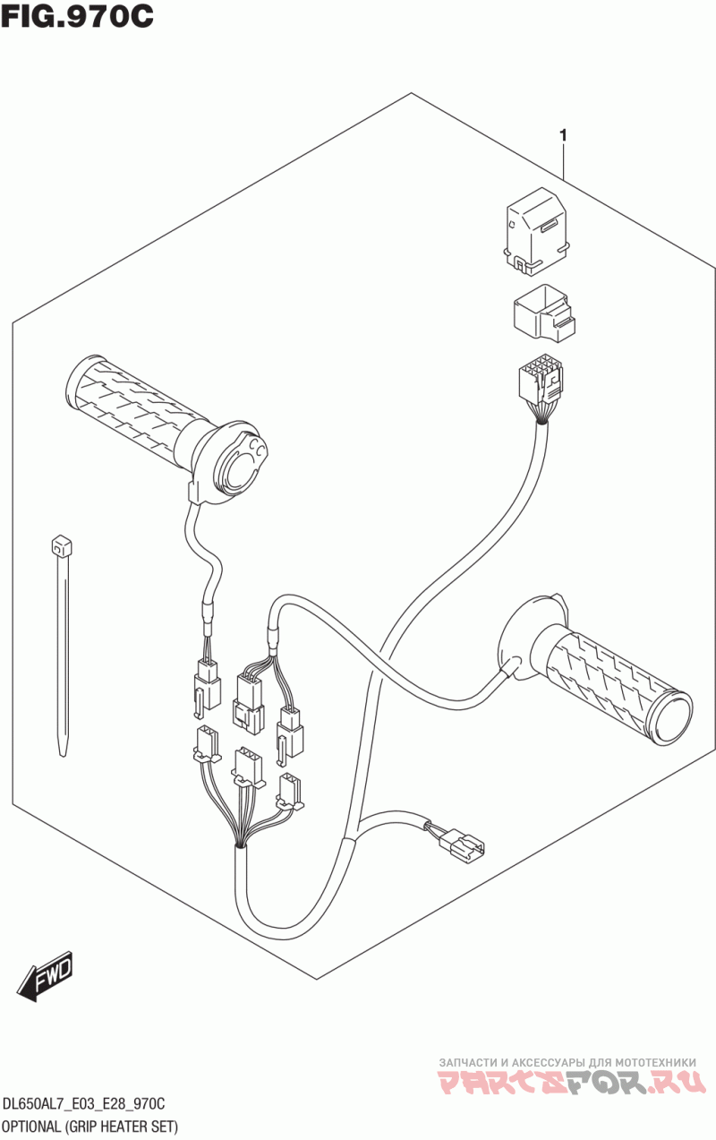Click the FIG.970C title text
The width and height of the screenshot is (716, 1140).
pos(78,17)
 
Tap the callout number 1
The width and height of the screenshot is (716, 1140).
pos(563,135)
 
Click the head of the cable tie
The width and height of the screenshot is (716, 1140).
pos(62,545)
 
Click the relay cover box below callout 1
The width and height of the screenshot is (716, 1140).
pos(534,229)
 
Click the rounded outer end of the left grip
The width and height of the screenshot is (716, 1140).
pos(80,387)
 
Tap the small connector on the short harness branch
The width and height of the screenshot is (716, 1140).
pos(464,843)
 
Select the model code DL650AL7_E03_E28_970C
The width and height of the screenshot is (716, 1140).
pos(84,1107)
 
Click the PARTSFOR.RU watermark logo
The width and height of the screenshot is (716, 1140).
pos(573,1082)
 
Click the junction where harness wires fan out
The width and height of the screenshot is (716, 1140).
pos(240,841)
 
